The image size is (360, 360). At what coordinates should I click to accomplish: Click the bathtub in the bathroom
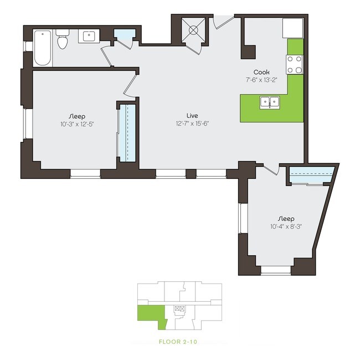tap(43, 48)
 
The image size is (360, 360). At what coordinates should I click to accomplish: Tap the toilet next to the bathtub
tap(63, 41)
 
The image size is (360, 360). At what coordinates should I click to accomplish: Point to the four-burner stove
tap(295, 64)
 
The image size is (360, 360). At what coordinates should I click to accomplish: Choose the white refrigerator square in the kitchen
tap(292, 28)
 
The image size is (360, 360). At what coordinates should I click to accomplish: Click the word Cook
tap(261, 72)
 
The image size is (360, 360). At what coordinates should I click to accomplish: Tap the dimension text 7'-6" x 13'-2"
tap(261, 80)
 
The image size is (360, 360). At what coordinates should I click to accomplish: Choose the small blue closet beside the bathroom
tap(124, 37)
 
